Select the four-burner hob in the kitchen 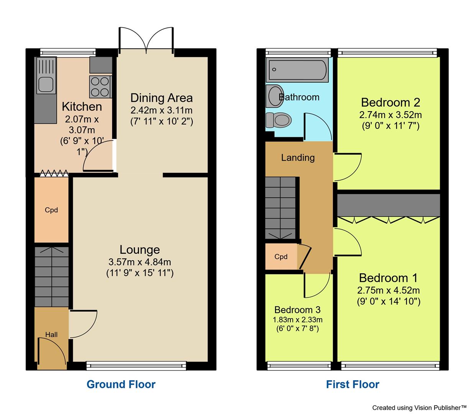pyautogui.click(x=100, y=86)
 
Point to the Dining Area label pyautogui.click(x=161, y=98)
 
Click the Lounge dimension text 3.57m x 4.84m pyautogui.click(x=139, y=262)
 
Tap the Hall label pyautogui.click(x=51, y=334)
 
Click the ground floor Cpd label pyautogui.click(x=51, y=210)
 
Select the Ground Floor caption pyautogui.click(x=121, y=384)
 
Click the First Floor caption pyautogui.click(x=353, y=384)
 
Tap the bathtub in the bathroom pyautogui.click(x=298, y=70)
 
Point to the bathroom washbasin pyautogui.click(x=274, y=96)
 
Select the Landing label pyautogui.click(x=298, y=158)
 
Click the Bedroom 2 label pyautogui.click(x=390, y=102)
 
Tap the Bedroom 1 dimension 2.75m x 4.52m pyautogui.click(x=389, y=290)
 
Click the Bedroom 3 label pyautogui.click(x=297, y=310)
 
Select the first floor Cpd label pyautogui.click(x=281, y=257)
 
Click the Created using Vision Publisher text pyautogui.click(x=419, y=407)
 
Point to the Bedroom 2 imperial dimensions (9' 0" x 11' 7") pyautogui.click(x=390, y=125)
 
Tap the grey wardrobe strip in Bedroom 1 pyautogui.click(x=389, y=205)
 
